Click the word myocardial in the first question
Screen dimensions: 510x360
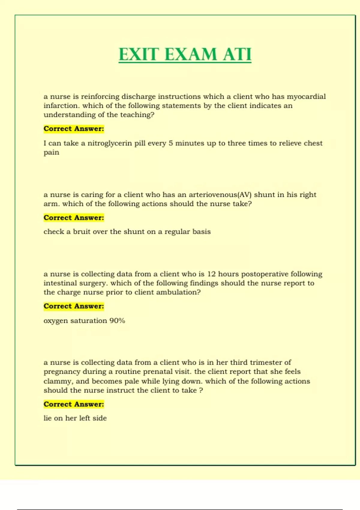[x=306, y=97]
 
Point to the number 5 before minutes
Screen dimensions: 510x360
[x=170, y=143]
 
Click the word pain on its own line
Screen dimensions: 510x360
[x=51, y=152]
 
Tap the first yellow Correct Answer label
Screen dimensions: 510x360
[x=74, y=129]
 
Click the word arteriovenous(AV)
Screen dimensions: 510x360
[x=220, y=195]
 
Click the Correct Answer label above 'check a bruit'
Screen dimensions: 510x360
[x=74, y=218]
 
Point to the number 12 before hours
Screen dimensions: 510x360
[x=211, y=274]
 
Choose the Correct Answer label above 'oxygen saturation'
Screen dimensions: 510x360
[x=74, y=306]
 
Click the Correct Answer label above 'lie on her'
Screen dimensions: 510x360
[x=74, y=404]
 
